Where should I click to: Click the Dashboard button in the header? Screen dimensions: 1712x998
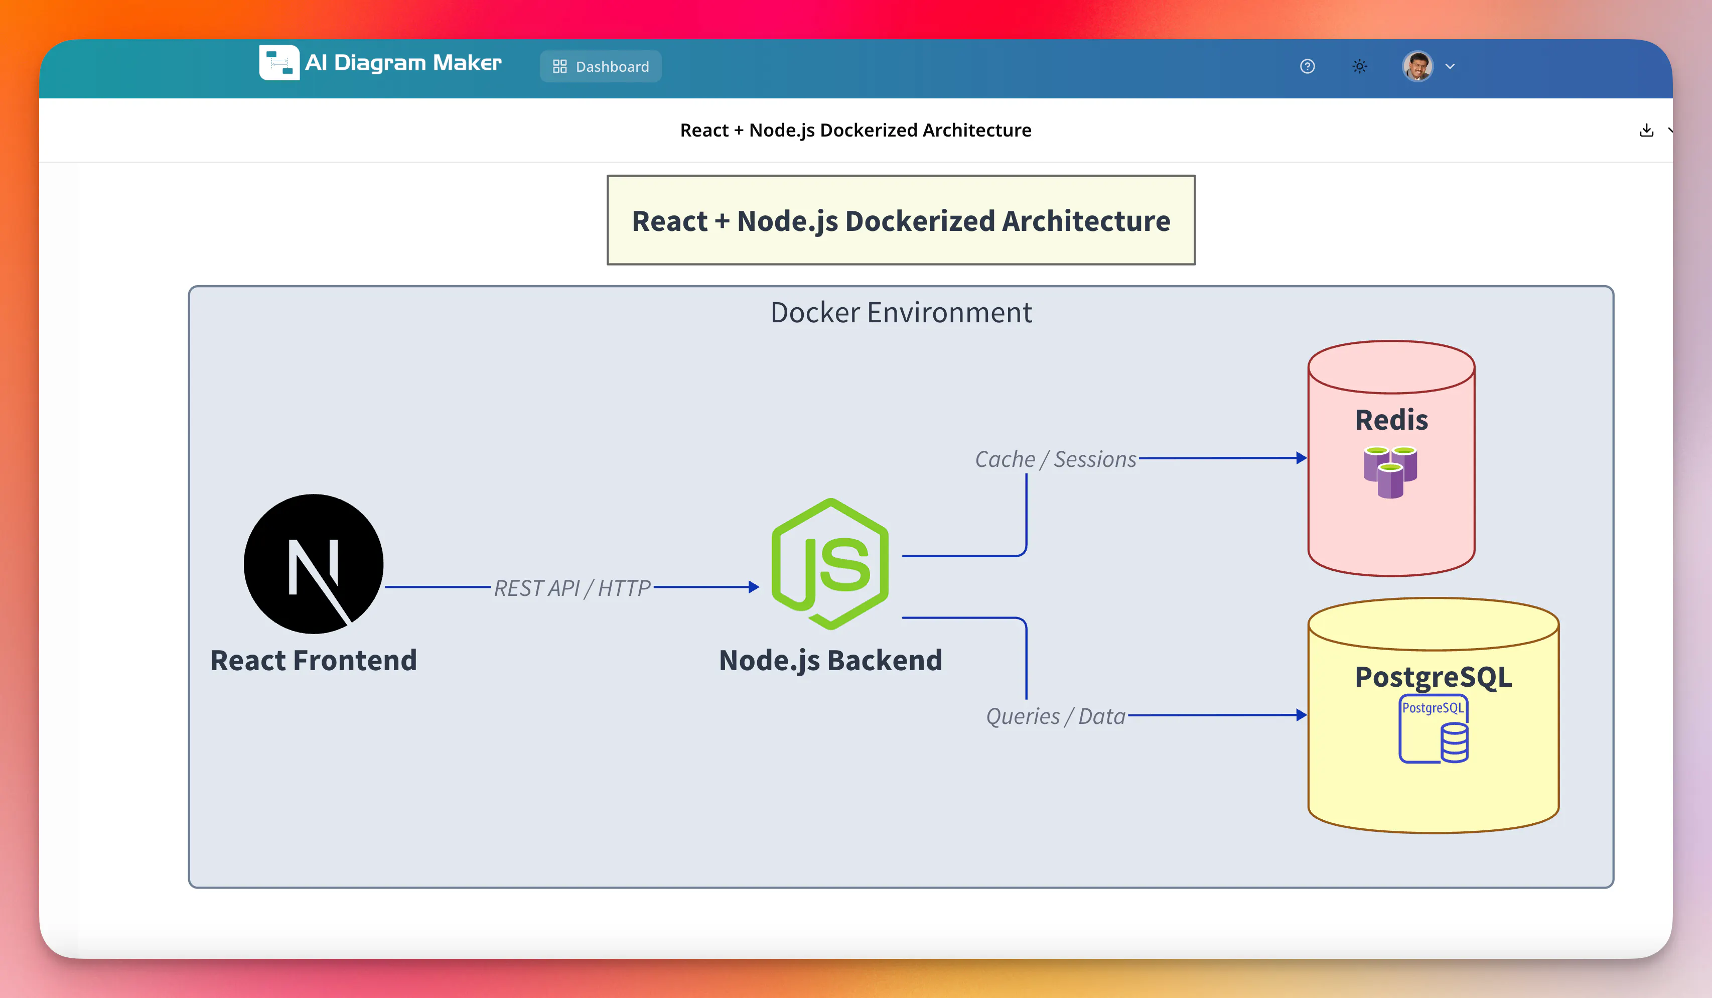click(601, 66)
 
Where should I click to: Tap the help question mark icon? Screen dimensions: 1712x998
click(1307, 66)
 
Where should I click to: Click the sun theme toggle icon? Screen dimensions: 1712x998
click(1359, 66)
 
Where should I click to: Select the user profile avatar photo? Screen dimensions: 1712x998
click(1418, 66)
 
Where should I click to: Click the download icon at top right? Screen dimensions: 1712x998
click(1646, 130)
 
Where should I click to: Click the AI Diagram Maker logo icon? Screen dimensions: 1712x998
click(278, 63)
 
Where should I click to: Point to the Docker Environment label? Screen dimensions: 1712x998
click(901, 313)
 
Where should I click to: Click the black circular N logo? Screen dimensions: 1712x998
click(313, 564)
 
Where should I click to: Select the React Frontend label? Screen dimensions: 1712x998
click(313, 660)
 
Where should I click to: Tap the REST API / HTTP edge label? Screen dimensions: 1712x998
click(572, 587)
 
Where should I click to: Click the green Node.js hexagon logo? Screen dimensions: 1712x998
click(830, 564)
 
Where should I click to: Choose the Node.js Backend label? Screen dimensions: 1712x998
click(830, 660)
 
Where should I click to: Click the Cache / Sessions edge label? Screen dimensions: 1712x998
click(1056, 459)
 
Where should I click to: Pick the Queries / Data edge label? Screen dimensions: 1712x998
click(1056, 716)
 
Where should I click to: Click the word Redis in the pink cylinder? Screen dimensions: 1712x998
click(1391, 420)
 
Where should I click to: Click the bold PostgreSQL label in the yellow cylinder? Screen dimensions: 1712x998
click(1434, 677)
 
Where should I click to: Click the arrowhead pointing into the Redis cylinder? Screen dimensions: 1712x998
click(1302, 458)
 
